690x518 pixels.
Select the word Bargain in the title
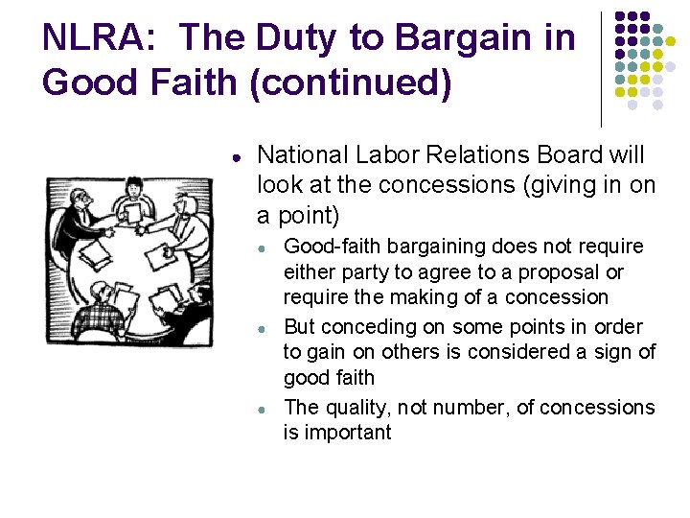pyautogui.click(x=462, y=37)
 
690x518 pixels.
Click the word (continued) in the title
pyautogui.click(x=351, y=82)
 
